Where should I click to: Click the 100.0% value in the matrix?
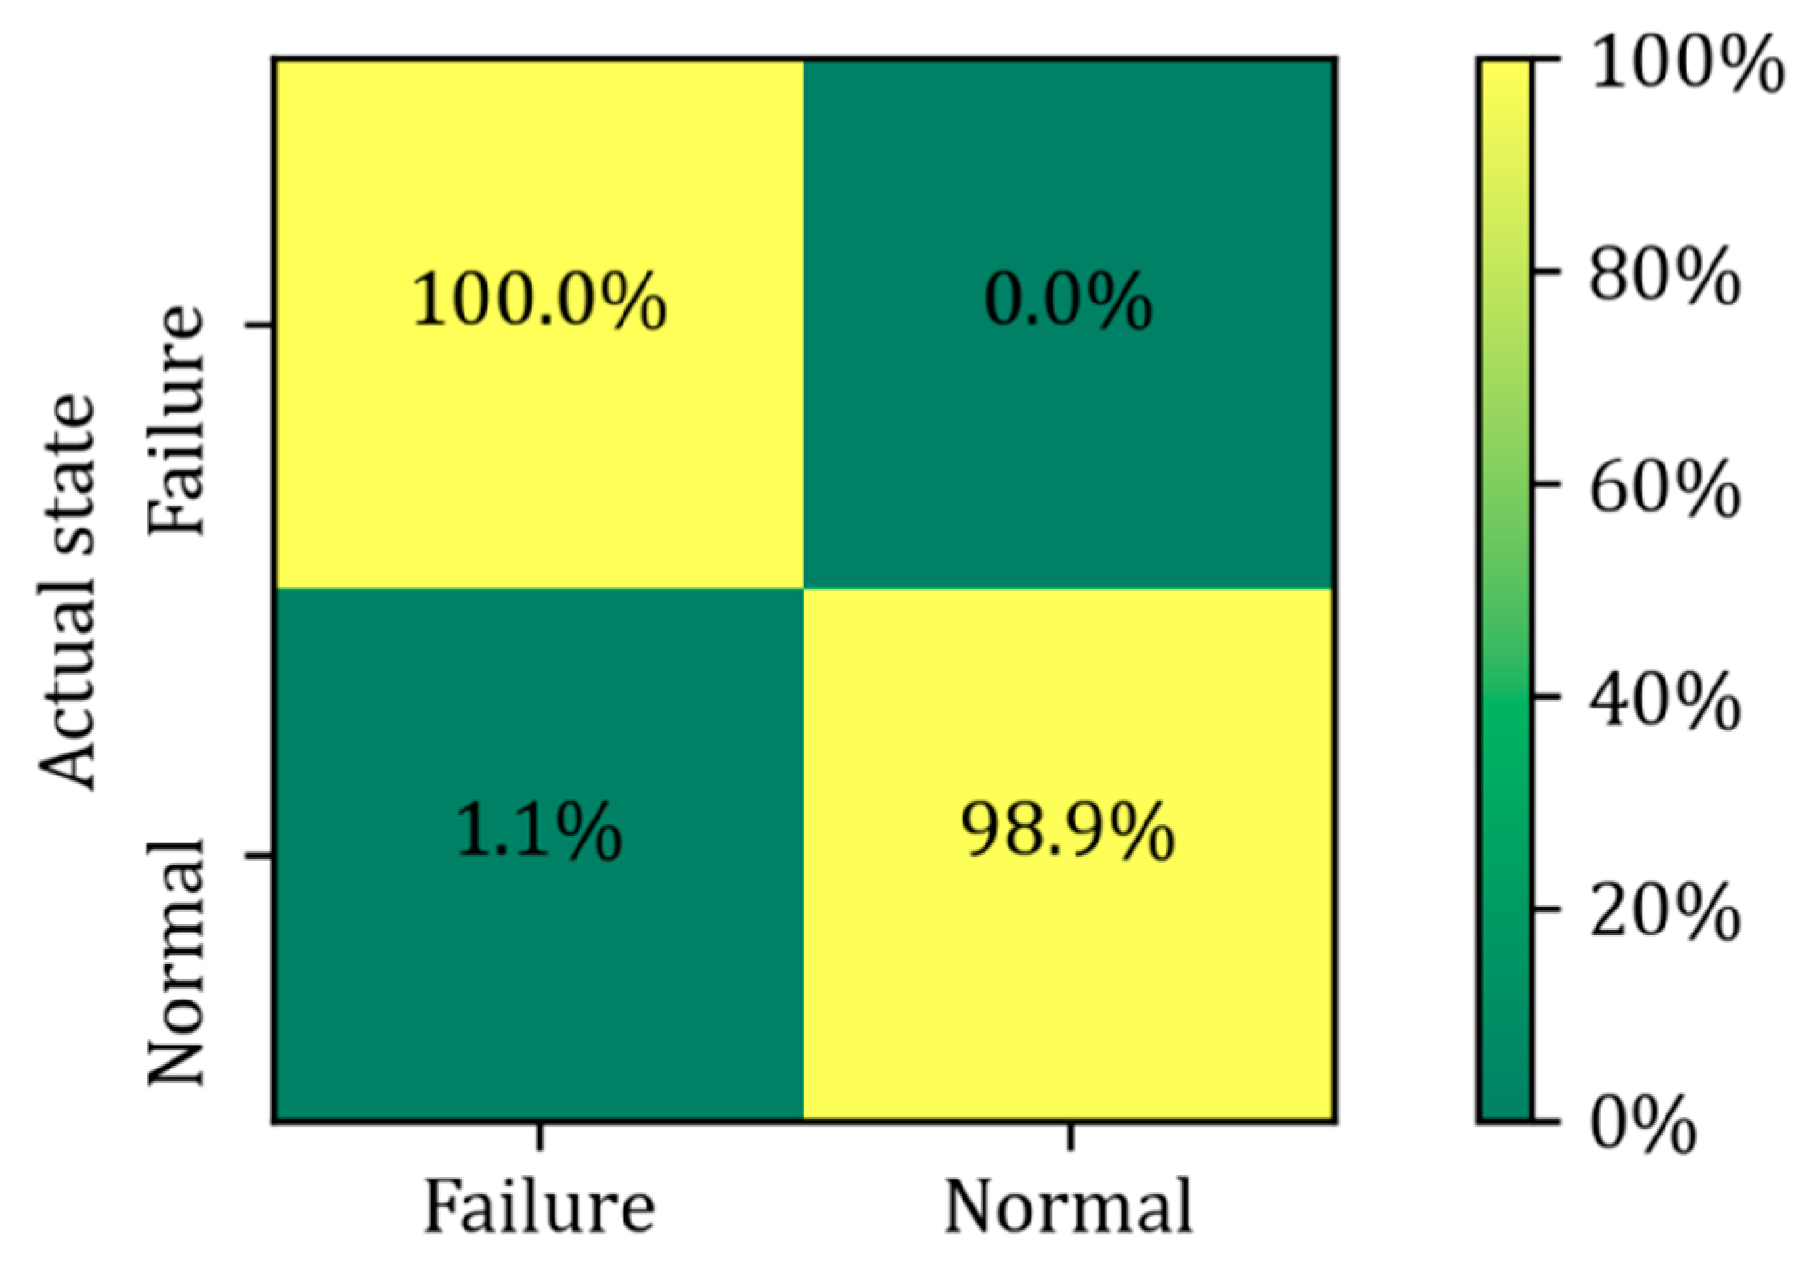538,302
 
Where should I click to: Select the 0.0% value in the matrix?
1068,302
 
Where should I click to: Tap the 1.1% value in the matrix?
538,831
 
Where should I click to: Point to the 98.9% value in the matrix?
1068,831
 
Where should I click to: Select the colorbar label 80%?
1665,277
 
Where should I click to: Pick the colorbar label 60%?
1665,489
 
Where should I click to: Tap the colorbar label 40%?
1665,702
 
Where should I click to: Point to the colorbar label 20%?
1665,913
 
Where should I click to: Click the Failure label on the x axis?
539,1206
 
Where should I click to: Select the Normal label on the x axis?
1069,1206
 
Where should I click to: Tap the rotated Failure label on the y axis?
177,421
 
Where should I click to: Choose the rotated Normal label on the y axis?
177,962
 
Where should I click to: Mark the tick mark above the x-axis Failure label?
540,1135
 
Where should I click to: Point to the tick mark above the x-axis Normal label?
1070,1135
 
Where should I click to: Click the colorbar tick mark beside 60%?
1544,484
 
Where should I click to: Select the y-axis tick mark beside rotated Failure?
260,326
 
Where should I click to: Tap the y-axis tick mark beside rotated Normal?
260,855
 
